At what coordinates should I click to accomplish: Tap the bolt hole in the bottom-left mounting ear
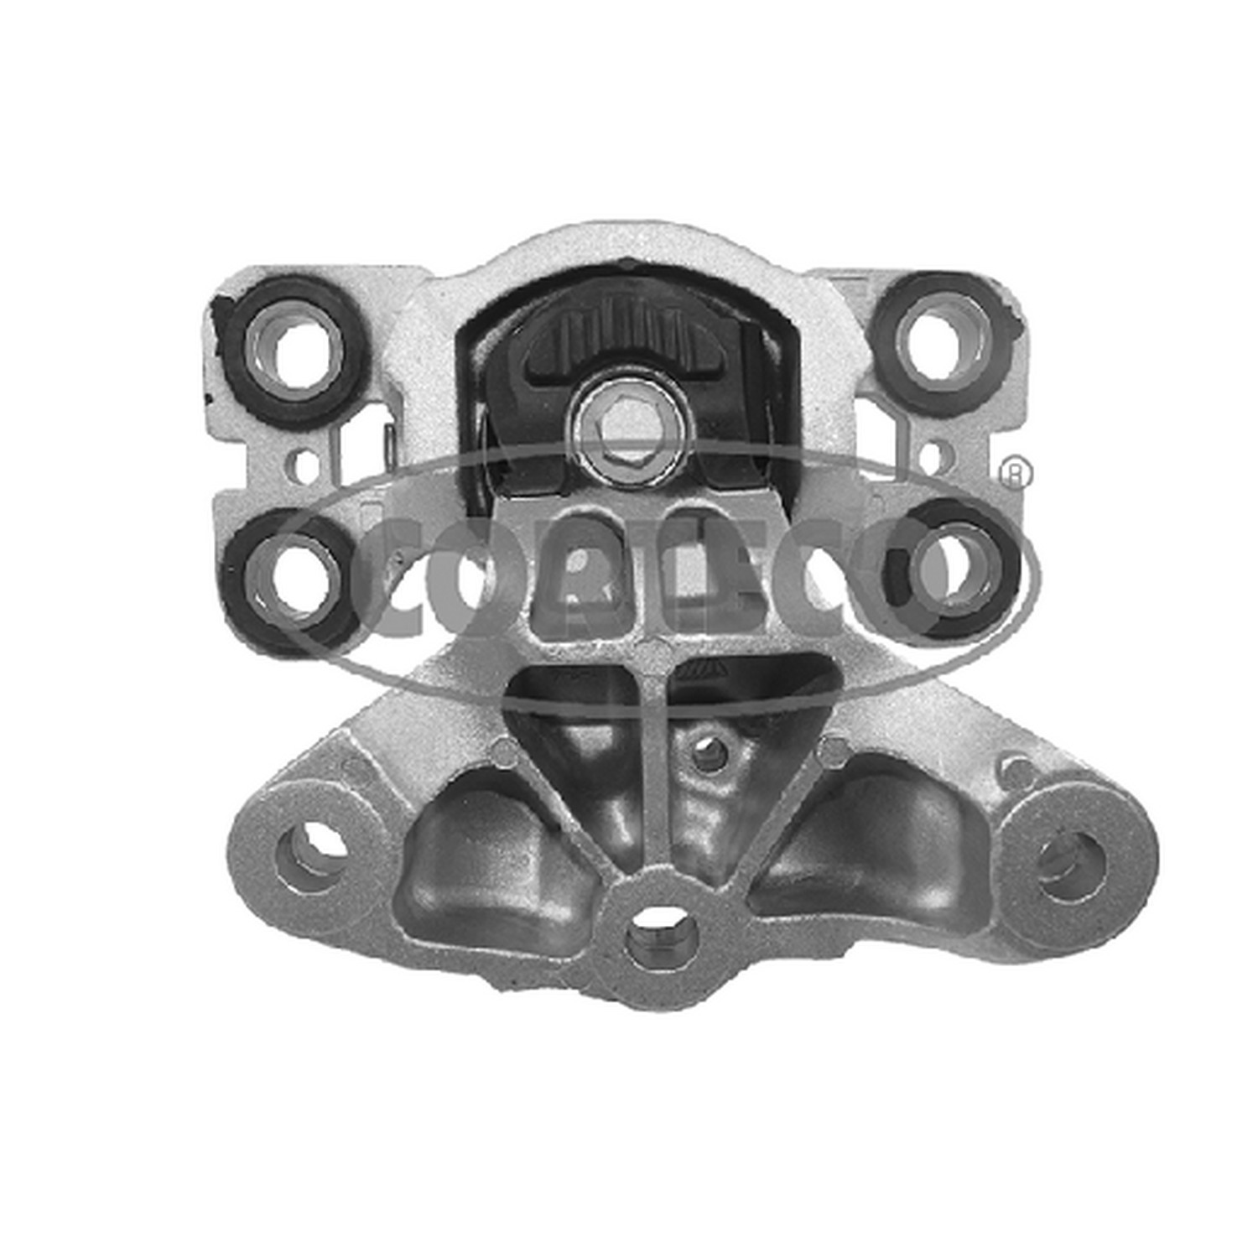(x=313, y=845)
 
